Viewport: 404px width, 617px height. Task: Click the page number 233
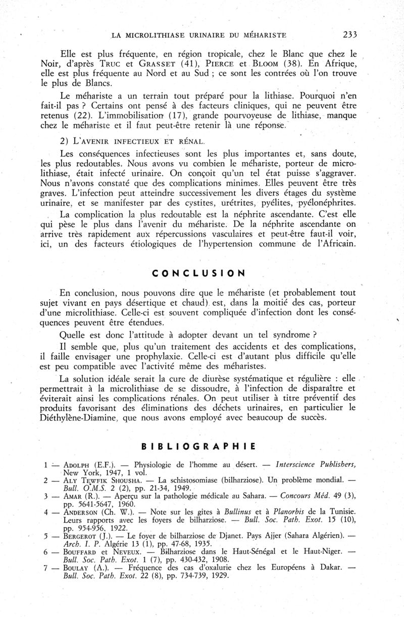tap(349, 34)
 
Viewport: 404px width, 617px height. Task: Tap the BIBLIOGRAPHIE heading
tap(198, 446)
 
